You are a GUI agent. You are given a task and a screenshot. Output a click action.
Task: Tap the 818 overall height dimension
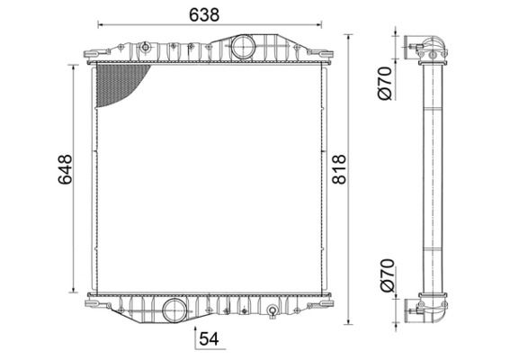click(339, 169)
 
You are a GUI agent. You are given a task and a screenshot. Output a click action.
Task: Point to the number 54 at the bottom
click(209, 338)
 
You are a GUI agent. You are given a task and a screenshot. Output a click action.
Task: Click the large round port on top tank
click(242, 48)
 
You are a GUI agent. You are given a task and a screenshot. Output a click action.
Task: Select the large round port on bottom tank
click(172, 310)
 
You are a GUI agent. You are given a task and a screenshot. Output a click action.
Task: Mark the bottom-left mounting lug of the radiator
click(93, 303)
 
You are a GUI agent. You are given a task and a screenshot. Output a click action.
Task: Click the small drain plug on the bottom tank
click(271, 313)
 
